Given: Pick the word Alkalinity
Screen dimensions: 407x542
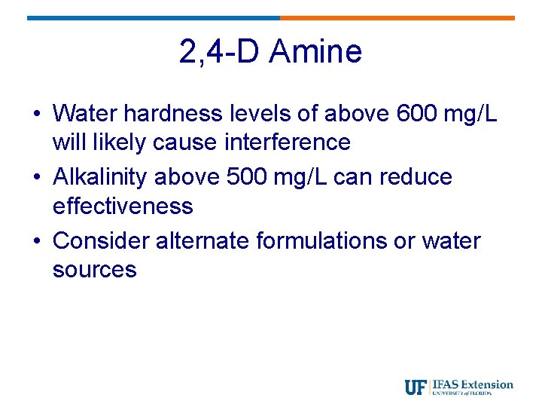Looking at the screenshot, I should [x=102, y=177].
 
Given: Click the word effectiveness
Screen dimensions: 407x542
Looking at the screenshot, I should [x=123, y=206].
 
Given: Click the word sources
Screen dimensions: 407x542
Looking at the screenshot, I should [x=95, y=270].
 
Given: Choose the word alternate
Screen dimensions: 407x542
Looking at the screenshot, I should [x=202, y=241].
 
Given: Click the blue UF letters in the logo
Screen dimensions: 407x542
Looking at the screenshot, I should [x=416, y=387].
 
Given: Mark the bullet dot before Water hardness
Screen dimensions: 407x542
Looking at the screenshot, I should [x=36, y=115].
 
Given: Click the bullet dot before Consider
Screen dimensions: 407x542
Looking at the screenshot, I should [x=36, y=242].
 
